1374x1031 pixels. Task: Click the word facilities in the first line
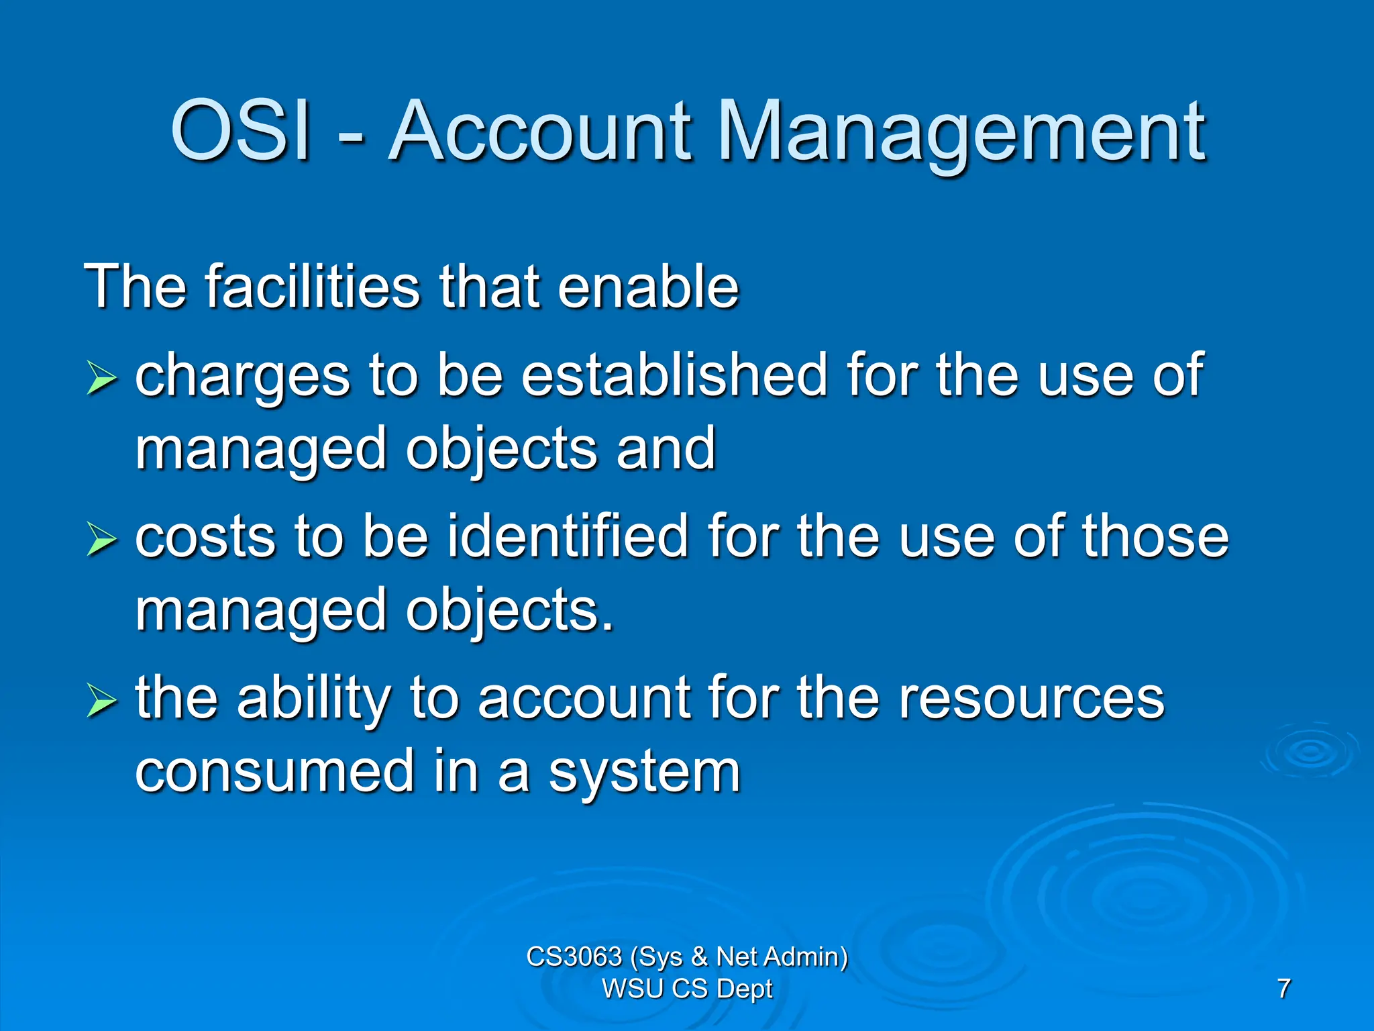[x=312, y=287]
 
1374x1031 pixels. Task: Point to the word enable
[x=648, y=287]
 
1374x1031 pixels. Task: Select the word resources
[x=1031, y=698]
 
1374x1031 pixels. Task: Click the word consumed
[x=274, y=772]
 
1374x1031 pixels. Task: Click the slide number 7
[x=1283, y=989]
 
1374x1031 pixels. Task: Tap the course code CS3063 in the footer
[x=574, y=956]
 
